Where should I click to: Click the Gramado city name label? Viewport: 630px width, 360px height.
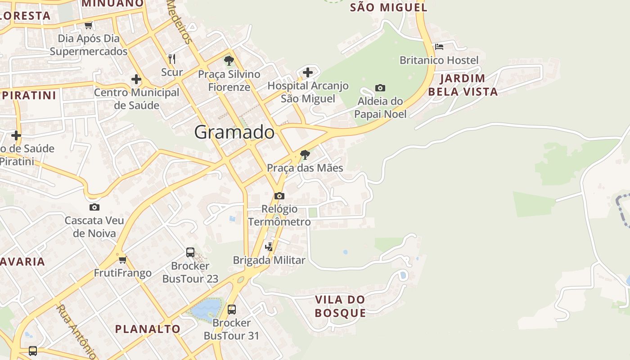(x=234, y=132)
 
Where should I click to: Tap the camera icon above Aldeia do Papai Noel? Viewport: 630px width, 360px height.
(x=380, y=88)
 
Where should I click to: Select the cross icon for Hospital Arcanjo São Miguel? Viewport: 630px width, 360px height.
(x=308, y=72)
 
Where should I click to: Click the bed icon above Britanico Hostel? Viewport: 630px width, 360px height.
(x=439, y=46)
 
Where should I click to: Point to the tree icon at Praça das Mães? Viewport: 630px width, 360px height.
(x=305, y=155)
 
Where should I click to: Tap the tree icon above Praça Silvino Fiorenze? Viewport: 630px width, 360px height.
(x=229, y=61)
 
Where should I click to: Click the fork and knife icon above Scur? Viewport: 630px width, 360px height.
(x=171, y=58)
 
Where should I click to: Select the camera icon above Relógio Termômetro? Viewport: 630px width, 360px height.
(x=279, y=196)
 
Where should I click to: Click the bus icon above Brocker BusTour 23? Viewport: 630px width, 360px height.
(x=190, y=252)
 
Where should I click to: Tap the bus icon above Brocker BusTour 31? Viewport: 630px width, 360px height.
(x=232, y=310)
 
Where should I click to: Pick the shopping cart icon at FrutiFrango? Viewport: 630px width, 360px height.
(x=122, y=260)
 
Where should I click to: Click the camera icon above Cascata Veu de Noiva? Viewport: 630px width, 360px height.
(x=94, y=207)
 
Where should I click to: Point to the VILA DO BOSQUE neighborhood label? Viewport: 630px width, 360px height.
(x=340, y=306)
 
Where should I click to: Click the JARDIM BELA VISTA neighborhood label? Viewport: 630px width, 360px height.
(x=463, y=85)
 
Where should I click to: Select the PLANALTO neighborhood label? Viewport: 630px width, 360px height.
(x=148, y=329)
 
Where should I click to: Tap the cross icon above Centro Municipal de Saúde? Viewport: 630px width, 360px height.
(x=136, y=80)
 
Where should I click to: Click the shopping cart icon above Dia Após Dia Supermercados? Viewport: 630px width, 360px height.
(x=89, y=25)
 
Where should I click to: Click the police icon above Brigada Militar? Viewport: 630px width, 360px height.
(x=269, y=247)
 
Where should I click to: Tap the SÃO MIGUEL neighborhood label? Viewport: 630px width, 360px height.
(x=388, y=7)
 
